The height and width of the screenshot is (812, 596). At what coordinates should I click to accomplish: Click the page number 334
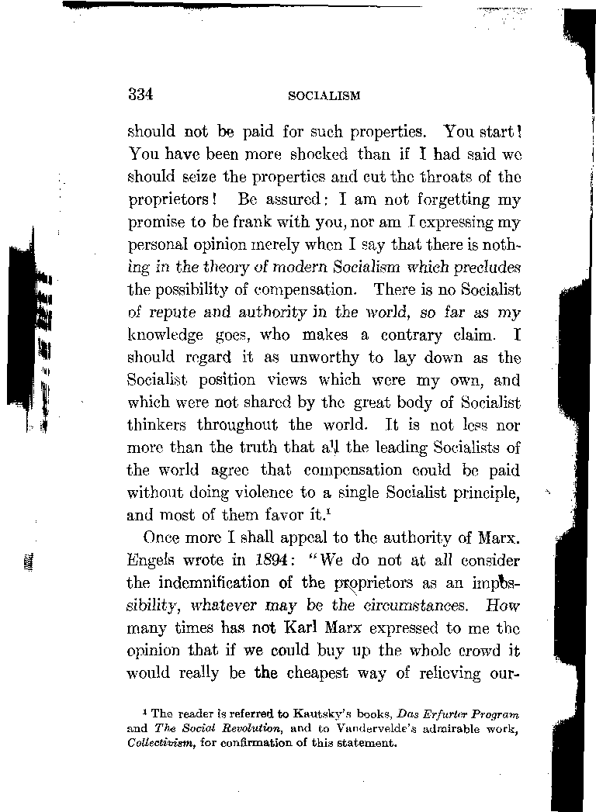(141, 95)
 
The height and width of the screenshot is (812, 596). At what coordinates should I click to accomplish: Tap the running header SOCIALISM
(324, 97)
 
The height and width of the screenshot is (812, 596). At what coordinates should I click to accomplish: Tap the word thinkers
(158, 425)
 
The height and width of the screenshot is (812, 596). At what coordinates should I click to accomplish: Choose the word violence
(258, 492)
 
